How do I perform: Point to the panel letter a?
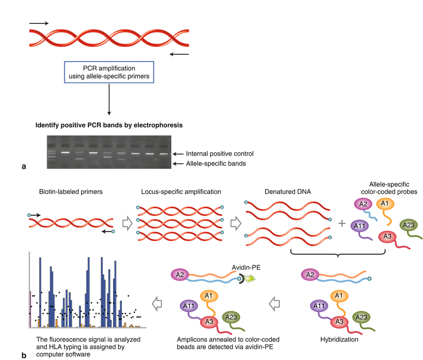[24, 167]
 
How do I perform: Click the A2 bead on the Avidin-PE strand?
[180, 275]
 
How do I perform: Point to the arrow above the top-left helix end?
[39, 23]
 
